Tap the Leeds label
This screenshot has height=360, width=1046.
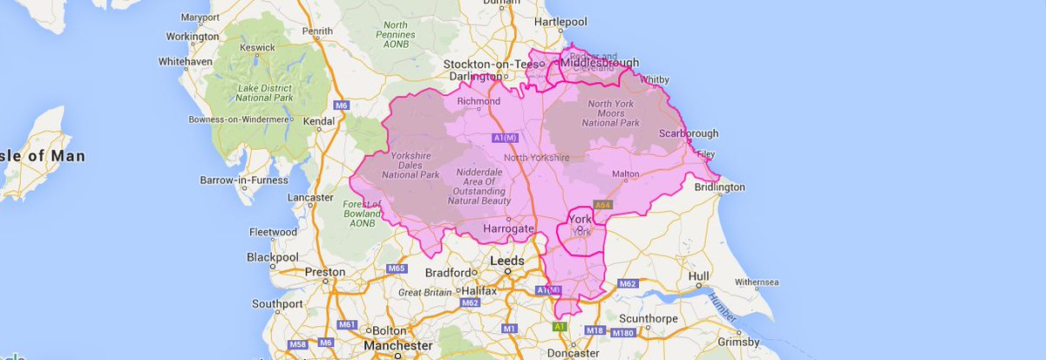(x=507, y=261)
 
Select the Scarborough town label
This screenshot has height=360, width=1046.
(x=689, y=133)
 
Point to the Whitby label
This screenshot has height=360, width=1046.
(x=654, y=78)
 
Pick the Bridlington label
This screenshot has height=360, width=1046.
(x=720, y=187)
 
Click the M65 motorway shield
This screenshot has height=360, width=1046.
(x=397, y=268)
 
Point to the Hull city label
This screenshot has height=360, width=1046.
(x=697, y=276)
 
